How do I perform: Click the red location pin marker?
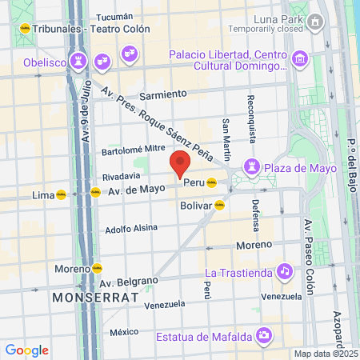(180, 163)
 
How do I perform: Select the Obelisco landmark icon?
(78, 60)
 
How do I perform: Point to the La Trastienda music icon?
(284, 272)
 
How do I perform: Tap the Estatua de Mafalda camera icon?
(262, 334)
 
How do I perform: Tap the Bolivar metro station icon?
(219, 205)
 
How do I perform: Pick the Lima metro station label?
(42, 194)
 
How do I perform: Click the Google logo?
(26, 350)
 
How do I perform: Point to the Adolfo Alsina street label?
(132, 229)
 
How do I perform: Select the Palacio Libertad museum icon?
(299, 58)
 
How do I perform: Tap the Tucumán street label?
(114, 17)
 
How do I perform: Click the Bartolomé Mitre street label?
(133, 150)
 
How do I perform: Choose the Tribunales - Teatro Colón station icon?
(25, 28)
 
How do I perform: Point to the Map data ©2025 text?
(326, 354)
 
